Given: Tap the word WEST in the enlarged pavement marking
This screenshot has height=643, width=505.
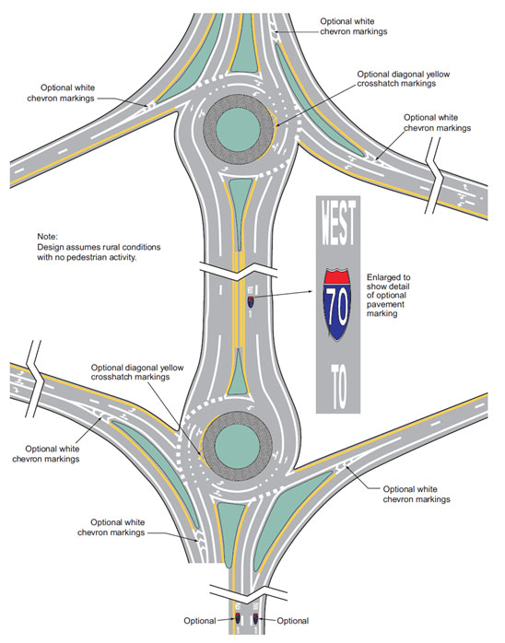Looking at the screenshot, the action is click(x=338, y=222).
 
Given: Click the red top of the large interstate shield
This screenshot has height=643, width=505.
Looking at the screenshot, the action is click(x=337, y=276).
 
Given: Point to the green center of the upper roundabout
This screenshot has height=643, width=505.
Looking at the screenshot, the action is click(x=238, y=131).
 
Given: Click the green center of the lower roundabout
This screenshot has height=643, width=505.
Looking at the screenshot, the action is click(x=237, y=446).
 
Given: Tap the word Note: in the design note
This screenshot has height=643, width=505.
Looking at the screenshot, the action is click(x=48, y=237).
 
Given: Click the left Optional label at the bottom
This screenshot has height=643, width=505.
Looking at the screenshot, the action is click(x=200, y=621).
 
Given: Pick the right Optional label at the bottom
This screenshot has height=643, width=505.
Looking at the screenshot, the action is click(x=293, y=621).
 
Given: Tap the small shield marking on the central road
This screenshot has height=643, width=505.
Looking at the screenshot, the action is click(x=251, y=302).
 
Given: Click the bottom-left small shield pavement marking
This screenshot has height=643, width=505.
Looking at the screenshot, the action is click(x=238, y=617).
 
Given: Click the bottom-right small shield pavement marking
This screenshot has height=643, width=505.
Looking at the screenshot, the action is click(x=255, y=617).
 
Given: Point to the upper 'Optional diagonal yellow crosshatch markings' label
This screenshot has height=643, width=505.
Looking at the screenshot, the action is click(x=404, y=78).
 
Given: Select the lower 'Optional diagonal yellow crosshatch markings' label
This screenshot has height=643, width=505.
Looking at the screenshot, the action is click(x=137, y=372).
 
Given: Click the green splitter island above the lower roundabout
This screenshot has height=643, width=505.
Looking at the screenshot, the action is click(x=238, y=373).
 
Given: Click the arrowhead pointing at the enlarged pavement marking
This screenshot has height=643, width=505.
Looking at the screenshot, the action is click(x=311, y=292).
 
